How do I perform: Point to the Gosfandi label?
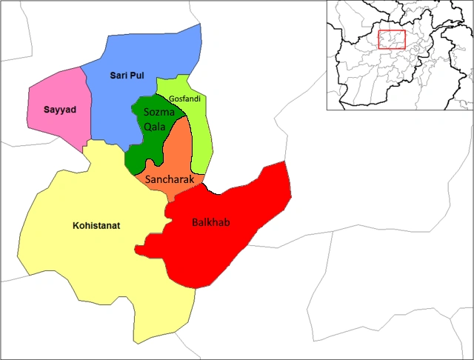tap(185, 99)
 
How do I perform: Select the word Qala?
tap(156, 125)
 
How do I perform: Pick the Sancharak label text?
tap(170, 179)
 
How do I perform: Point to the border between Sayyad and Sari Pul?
tap(87, 104)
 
